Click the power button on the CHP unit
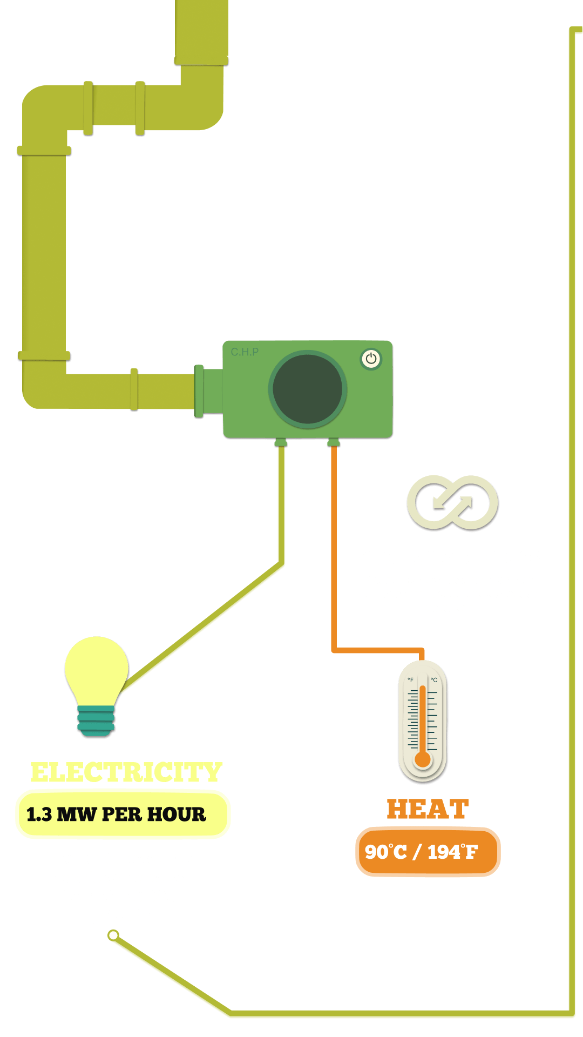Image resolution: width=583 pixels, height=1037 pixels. point(371,359)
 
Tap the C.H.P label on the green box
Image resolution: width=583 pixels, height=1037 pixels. point(245,352)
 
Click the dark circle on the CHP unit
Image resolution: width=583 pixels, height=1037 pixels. point(308,389)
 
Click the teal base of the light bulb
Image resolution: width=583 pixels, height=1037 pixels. point(96,721)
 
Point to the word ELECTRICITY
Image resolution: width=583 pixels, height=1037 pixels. point(126,772)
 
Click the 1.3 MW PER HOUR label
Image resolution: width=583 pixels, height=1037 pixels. point(116,814)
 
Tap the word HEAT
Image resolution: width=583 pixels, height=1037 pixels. point(428,809)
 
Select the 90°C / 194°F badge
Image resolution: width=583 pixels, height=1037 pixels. point(428,852)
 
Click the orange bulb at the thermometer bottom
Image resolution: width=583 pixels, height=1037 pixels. point(423,759)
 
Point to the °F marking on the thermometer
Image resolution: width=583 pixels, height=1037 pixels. point(411,680)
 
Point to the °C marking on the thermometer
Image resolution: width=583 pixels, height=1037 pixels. point(434,680)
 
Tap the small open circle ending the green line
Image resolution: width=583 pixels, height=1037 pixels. point(113,935)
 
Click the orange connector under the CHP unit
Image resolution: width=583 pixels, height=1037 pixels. point(334,443)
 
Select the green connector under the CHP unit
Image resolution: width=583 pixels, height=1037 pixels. point(281,443)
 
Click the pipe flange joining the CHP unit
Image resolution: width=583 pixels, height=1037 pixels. point(199,392)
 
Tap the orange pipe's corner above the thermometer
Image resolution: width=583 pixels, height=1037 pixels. point(422,650)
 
